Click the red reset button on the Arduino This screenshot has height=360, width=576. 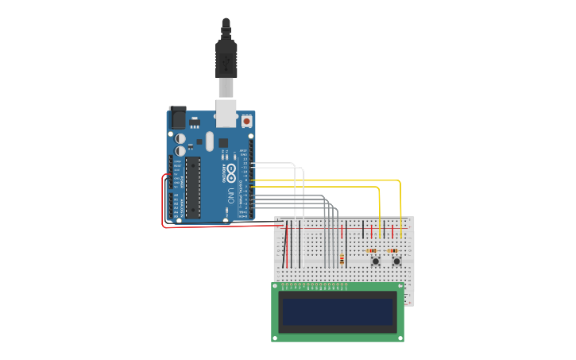(x=247, y=122)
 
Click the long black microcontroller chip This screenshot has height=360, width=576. (x=192, y=188)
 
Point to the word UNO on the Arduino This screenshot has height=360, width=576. (x=231, y=194)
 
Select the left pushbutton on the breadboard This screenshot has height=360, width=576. (x=374, y=261)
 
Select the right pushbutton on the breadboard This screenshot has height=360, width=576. (x=396, y=261)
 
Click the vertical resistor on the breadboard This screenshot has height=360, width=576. (x=342, y=259)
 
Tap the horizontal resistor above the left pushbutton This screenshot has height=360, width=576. (x=373, y=251)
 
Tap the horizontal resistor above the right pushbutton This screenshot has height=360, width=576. (x=392, y=251)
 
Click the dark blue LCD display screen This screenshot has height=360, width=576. (x=338, y=312)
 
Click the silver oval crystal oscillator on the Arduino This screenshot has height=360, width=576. (x=210, y=141)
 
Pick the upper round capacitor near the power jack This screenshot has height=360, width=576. (x=180, y=137)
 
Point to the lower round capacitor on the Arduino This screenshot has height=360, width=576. (x=180, y=149)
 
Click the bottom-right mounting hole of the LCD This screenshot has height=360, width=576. (x=400, y=338)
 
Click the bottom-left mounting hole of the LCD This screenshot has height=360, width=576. (x=276, y=338)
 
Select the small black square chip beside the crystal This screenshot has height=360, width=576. (x=223, y=143)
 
